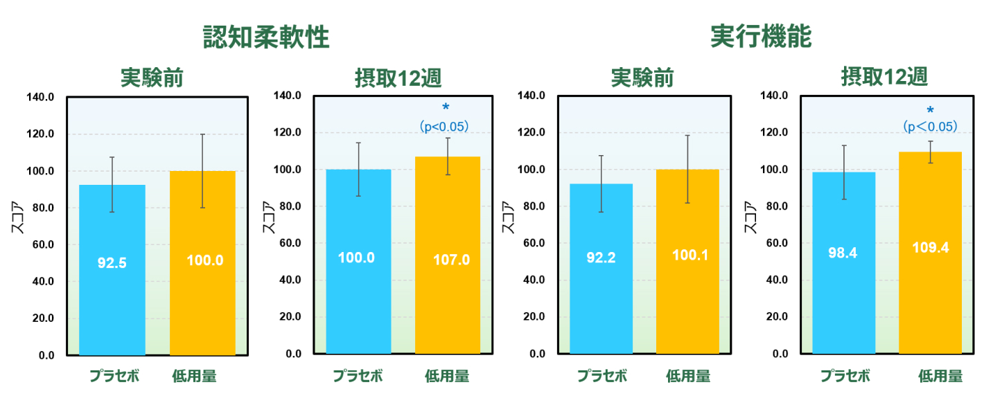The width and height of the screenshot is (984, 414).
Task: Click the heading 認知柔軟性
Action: (266, 37)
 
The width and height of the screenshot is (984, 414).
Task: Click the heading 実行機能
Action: (761, 36)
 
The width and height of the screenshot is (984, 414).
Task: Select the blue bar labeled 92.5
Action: (112, 270)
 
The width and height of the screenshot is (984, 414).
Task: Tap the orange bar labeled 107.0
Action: (448, 255)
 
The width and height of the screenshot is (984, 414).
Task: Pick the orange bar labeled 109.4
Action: (930, 253)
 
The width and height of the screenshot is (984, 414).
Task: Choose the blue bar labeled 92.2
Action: (601, 269)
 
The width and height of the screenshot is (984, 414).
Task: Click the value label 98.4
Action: (843, 253)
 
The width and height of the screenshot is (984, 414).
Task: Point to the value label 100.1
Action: (690, 255)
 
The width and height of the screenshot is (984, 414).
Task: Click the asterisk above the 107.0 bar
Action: (446, 107)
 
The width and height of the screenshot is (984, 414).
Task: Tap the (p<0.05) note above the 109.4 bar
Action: (930, 127)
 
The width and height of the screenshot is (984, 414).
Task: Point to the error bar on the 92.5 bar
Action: (112, 184)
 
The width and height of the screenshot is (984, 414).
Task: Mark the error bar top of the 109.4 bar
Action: (931, 141)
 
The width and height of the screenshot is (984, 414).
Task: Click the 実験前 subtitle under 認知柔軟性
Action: (152, 78)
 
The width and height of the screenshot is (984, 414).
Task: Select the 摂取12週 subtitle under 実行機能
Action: (884, 77)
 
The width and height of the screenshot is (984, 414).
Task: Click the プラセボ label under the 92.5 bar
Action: (114, 376)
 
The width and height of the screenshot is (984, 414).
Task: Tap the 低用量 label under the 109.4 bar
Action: (940, 376)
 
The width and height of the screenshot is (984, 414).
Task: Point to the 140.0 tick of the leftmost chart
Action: (40, 97)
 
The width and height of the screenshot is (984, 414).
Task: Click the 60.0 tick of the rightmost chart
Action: (777, 243)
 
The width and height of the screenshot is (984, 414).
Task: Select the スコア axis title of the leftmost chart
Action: (17, 217)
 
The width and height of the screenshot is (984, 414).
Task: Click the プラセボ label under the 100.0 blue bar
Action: (358, 376)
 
